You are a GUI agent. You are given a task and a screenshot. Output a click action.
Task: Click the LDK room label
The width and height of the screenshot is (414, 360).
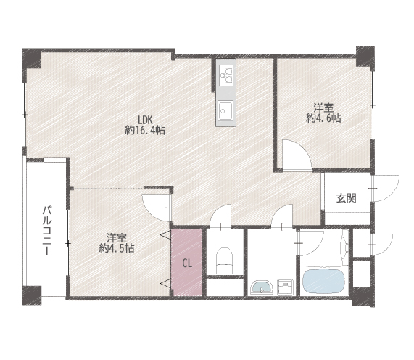click(145, 120)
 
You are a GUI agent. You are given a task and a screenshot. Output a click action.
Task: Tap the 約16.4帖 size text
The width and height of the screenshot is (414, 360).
click(145, 131)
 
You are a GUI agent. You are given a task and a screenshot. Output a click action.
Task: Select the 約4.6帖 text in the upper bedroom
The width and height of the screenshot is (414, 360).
click(323, 118)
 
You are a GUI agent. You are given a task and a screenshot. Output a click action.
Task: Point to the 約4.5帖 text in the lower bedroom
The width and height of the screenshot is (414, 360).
click(117, 248)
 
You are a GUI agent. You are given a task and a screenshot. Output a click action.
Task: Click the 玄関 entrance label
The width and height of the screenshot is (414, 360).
click(346, 198)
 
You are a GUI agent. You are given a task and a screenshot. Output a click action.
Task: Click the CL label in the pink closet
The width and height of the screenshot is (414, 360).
click(187, 263)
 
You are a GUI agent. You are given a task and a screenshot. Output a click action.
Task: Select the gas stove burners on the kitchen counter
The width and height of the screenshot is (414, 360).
click(226, 75)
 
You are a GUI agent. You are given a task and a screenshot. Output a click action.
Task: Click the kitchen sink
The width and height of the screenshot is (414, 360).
click(225, 110)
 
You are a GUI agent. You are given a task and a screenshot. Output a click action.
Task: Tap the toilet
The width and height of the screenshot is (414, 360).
click(225, 261)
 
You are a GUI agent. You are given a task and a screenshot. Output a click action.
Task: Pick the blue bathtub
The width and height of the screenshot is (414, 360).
click(323, 281)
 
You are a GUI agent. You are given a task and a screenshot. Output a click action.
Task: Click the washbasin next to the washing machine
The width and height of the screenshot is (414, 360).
click(262, 287)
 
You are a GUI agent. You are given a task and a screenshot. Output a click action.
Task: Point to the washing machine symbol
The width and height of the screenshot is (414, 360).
click(285, 286)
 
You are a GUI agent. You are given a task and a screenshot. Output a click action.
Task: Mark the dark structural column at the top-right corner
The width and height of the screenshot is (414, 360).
click(365, 57)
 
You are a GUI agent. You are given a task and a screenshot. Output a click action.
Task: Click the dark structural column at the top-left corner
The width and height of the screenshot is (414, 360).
click(32, 58)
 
